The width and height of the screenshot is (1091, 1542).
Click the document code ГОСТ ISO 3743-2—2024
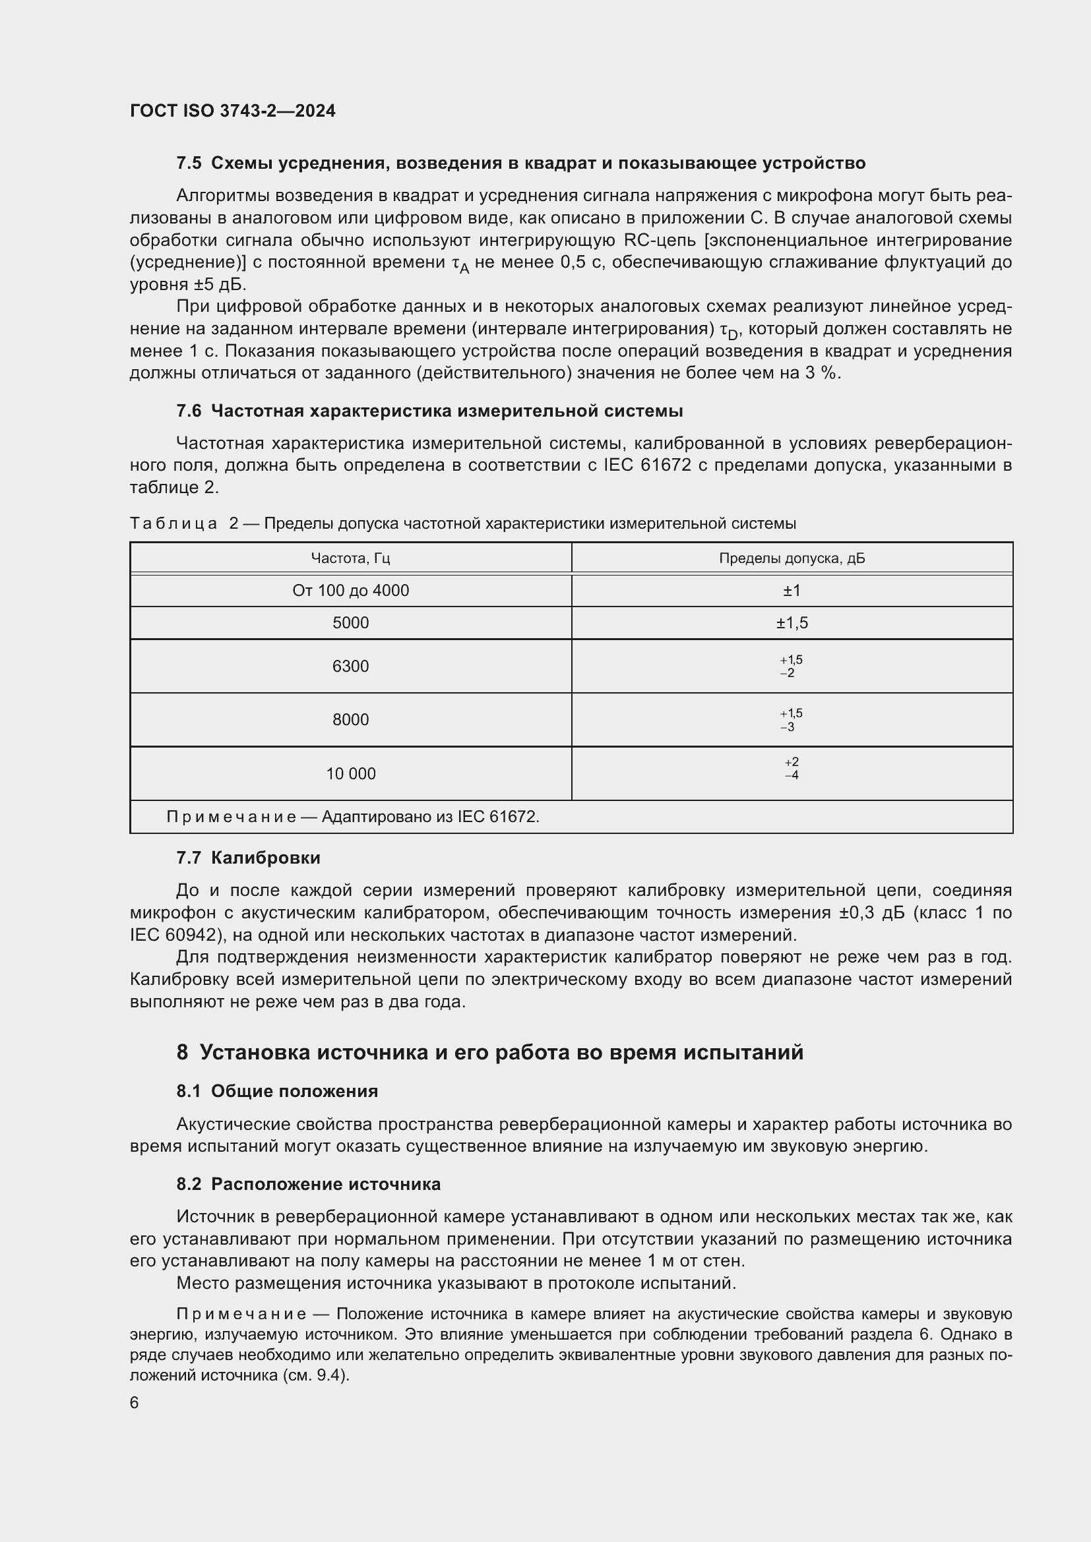(x=232, y=111)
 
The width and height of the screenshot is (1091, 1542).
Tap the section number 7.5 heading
(x=189, y=163)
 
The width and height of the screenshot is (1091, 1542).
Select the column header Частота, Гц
(x=350, y=558)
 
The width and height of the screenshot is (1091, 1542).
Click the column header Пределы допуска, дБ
(x=792, y=558)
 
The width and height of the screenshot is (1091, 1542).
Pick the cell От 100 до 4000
(x=350, y=590)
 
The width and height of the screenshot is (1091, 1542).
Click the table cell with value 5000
(x=350, y=622)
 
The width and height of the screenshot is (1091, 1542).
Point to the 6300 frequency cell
(x=350, y=667)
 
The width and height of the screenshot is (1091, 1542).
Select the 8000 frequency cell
(x=350, y=720)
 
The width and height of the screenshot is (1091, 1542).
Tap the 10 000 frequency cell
(x=350, y=774)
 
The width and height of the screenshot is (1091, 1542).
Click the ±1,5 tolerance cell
(x=792, y=622)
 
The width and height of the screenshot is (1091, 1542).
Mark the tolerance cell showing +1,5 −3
(x=792, y=720)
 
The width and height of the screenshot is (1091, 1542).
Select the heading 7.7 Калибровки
(x=248, y=858)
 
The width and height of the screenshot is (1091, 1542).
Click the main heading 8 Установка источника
(x=489, y=1052)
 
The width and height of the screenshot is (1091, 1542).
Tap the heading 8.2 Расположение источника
(x=308, y=1184)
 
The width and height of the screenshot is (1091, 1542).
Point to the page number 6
(x=135, y=1403)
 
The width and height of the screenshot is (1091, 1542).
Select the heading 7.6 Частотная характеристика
(x=429, y=411)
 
